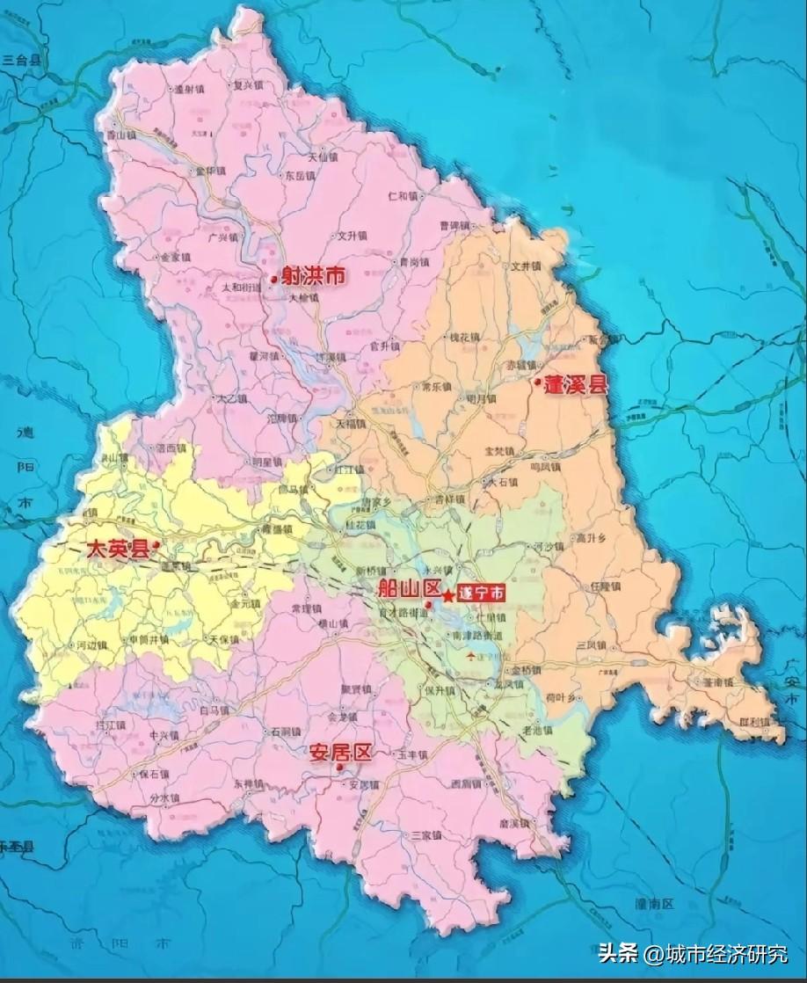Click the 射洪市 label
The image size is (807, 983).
tap(313, 276)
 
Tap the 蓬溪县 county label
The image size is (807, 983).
tap(577, 385)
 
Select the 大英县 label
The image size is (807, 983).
tap(118, 549)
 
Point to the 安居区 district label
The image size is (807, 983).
tap(341, 753)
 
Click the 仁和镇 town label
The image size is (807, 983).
tap(405, 195)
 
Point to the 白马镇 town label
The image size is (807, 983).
tap(214, 709)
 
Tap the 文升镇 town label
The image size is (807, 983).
tap(351, 237)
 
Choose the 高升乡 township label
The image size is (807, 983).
tap(593, 537)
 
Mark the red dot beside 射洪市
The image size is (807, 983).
tap(273, 280)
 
